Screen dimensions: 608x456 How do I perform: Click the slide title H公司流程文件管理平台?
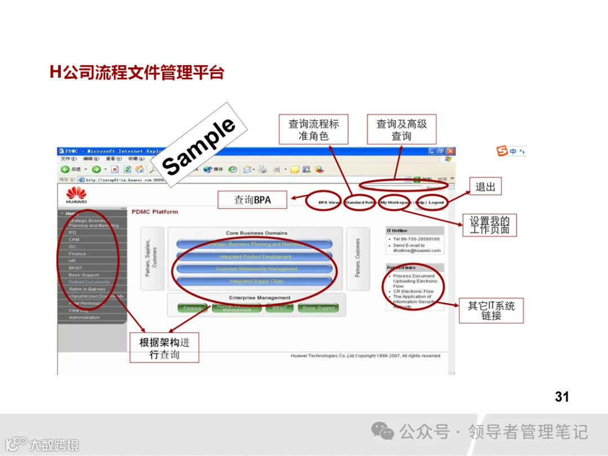click(137, 73)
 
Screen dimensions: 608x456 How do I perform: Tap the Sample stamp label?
click(198, 146)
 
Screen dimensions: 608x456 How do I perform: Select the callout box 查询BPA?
click(252, 200)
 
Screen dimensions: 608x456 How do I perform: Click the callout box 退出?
click(485, 187)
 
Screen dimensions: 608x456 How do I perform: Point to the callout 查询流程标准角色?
click(314, 129)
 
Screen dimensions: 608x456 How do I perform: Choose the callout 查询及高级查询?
click(401, 129)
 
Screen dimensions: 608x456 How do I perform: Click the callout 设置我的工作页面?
click(489, 225)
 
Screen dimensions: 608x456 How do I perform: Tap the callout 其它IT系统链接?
click(491, 311)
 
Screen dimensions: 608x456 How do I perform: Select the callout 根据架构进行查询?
click(169, 348)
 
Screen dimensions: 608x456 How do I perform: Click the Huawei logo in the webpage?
click(76, 196)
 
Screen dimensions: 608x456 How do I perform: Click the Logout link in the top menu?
click(436, 203)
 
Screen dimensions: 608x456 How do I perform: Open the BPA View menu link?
click(329, 203)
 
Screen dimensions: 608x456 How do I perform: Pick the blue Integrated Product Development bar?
click(255, 257)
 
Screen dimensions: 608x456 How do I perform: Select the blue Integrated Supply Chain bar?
click(255, 281)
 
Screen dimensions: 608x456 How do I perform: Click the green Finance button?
click(192, 308)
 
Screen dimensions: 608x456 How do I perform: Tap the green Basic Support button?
click(319, 308)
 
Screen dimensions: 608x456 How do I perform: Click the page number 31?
click(562, 397)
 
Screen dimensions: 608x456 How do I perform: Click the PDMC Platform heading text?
click(155, 212)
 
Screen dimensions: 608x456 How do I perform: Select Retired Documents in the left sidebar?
click(90, 282)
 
